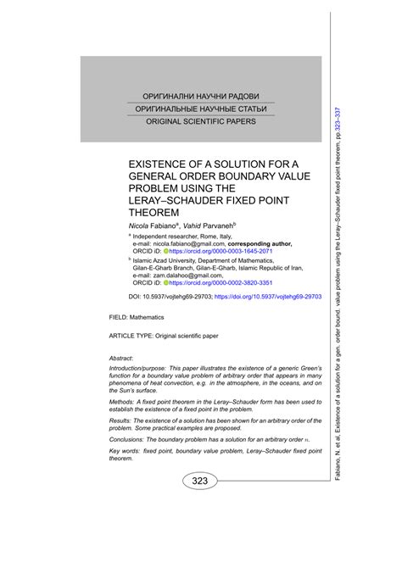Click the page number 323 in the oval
tap(199, 482)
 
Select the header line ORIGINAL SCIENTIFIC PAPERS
tap(201, 121)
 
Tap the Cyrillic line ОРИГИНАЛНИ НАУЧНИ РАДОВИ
tap(201, 95)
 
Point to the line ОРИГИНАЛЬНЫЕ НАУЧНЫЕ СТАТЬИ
tap(201, 109)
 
